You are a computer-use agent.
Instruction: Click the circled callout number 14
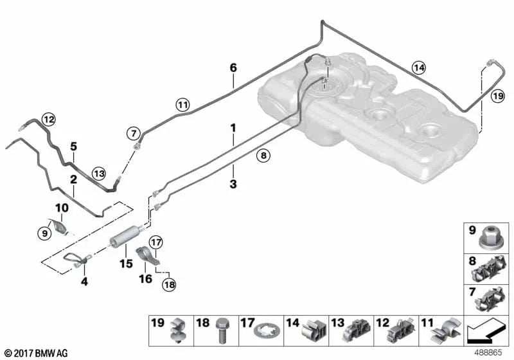419,68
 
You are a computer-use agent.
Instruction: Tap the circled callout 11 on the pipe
182,105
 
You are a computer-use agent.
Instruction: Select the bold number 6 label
233,68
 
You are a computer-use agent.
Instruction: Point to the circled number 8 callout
263,156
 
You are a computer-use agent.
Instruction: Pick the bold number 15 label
126,264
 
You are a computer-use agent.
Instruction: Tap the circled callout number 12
49,120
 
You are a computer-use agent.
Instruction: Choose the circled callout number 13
99,173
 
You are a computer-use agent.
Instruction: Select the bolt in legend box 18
222,330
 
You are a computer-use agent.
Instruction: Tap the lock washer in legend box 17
267,332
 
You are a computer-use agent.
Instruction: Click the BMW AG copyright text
36,354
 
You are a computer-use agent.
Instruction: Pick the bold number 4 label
85,281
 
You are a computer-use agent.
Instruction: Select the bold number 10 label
62,208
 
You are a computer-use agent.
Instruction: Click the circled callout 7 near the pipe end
134,134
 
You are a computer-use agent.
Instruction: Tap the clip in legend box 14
314,330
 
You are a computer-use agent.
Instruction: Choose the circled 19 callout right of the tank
497,96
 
